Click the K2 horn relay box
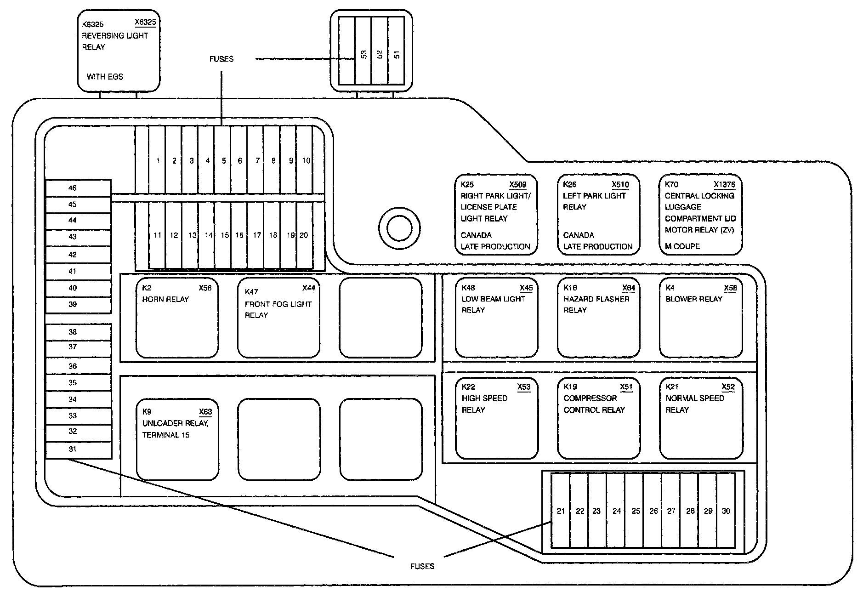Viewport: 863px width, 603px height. point(177,318)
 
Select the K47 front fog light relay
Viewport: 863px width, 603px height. point(278,318)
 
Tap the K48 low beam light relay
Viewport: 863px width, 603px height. point(496,318)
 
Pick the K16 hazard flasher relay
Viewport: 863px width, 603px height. point(598,318)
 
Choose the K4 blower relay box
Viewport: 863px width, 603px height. point(700,318)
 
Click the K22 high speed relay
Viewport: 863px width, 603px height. point(496,418)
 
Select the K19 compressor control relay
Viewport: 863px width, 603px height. point(598,418)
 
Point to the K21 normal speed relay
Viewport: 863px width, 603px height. point(700,418)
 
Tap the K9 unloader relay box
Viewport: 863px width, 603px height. point(177,439)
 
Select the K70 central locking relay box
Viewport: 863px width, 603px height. point(700,215)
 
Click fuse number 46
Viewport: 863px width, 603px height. point(78,188)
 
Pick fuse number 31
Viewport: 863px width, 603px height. point(78,450)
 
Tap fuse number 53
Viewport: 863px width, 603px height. point(363,51)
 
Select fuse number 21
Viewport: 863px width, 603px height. point(561,510)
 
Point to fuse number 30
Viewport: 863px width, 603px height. point(726,510)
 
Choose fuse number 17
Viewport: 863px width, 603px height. point(256,235)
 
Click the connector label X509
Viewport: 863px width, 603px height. point(518,185)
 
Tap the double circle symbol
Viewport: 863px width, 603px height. point(399,228)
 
